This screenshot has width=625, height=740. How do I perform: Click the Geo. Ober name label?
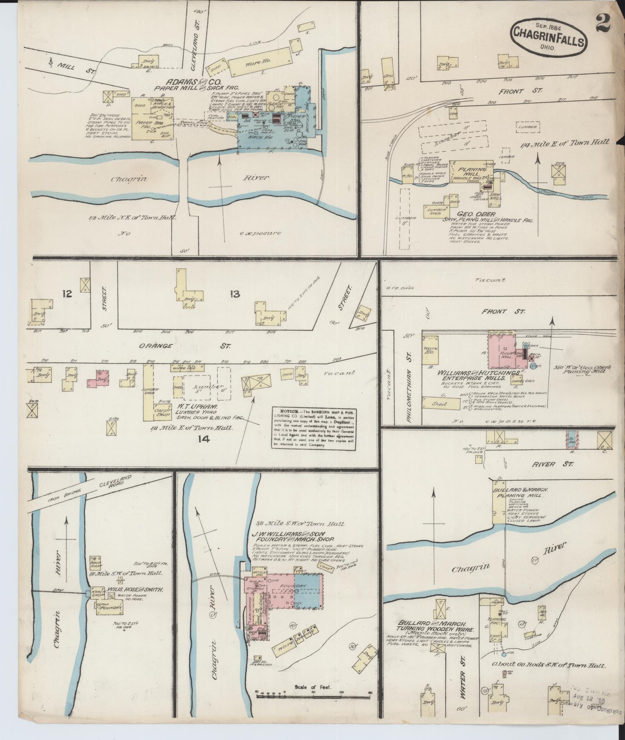point(476,214)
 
